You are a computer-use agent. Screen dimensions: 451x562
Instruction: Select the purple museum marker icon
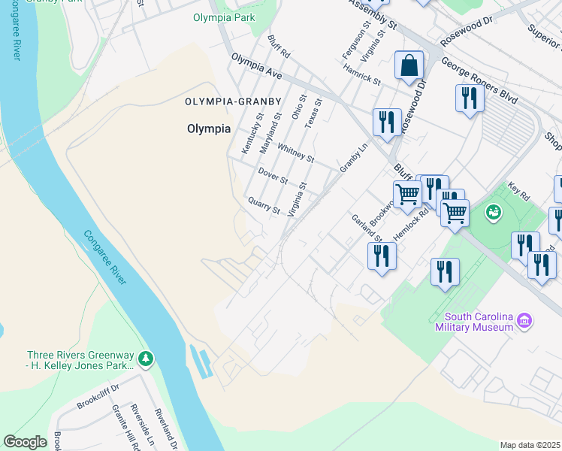click(x=525, y=322)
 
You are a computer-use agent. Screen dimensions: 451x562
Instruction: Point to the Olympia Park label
click(x=224, y=17)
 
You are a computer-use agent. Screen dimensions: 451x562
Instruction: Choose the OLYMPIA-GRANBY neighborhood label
click(x=233, y=101)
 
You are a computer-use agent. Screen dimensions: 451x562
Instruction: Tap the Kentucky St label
click(x=251, y=133)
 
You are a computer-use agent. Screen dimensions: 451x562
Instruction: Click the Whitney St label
click(x=295, y=153)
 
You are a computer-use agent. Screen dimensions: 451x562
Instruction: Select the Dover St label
click(x=273, y=176)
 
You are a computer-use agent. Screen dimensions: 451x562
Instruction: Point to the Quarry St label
click(x=264, y=204)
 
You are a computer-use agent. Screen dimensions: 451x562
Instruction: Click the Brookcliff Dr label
click(x=98, y=398)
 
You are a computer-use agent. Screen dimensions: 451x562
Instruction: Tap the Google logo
click(x=25, y=442)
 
